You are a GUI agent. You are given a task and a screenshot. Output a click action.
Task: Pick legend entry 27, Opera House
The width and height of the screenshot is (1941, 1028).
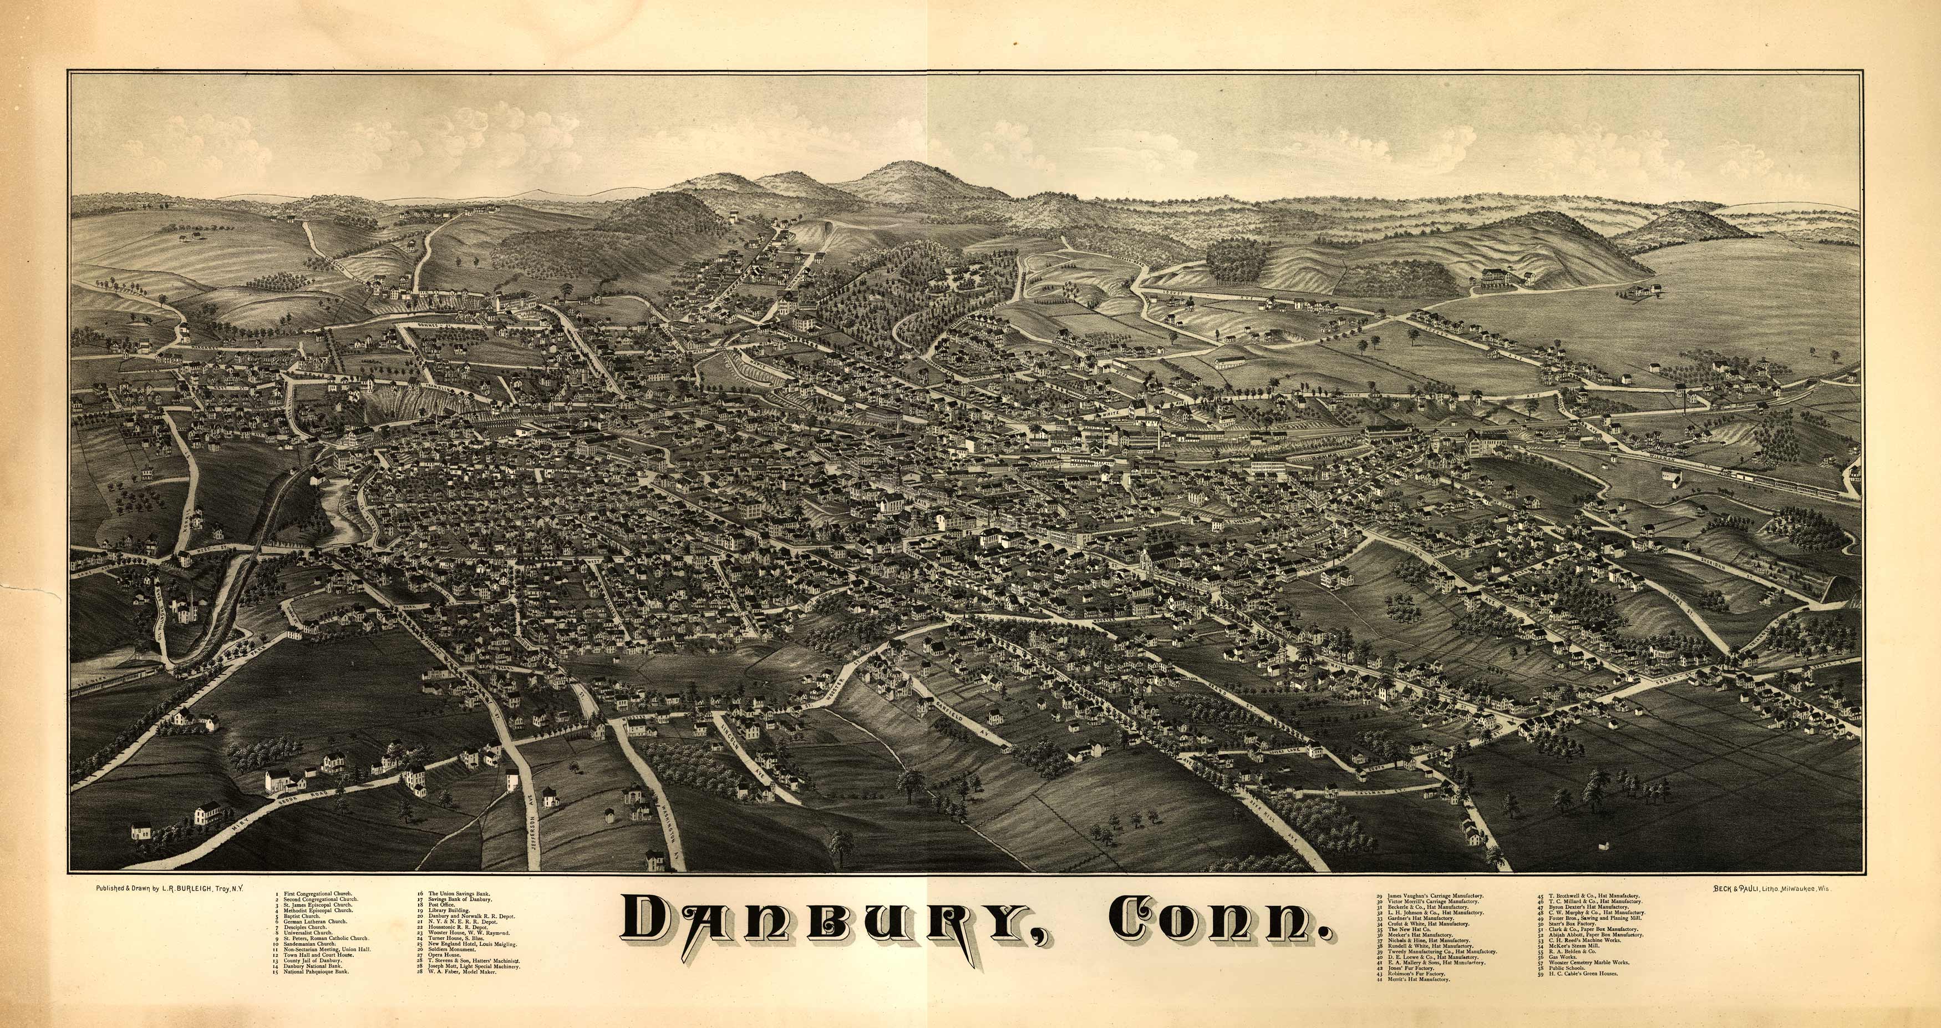[445, 955]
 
